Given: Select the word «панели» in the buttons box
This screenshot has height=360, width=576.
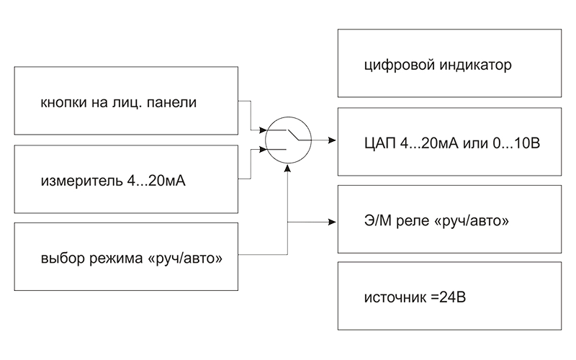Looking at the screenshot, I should point(174,103).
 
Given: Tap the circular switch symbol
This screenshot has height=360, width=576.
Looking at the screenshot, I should point(287,139).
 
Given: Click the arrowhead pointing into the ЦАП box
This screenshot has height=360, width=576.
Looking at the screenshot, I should point(332,139).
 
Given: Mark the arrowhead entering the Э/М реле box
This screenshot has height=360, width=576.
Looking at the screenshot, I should point(332,221).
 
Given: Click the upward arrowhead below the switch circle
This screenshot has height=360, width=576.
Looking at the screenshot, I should point(287,168).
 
